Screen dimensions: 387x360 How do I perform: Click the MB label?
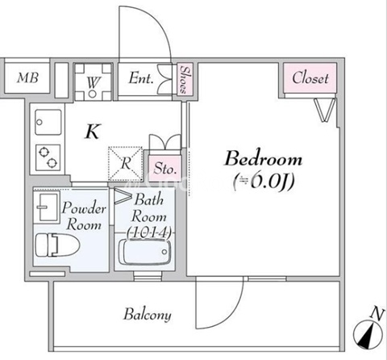point(28,77)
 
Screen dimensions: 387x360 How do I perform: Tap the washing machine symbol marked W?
point(93,82)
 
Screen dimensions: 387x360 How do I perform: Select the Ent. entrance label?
point(141,78)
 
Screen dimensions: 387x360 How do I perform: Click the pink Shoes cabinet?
point(185,79)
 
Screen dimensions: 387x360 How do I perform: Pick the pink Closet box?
point(310,78)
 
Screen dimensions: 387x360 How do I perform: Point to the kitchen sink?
point(48,123)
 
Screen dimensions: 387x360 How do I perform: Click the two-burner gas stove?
point(48,157)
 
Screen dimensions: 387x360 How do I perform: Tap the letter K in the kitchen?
point(93,132)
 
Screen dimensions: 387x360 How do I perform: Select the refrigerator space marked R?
point(125,164)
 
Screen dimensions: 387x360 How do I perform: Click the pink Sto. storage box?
point(164,169)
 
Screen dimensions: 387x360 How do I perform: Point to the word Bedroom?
point(264,158)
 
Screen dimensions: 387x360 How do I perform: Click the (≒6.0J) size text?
point(264,182)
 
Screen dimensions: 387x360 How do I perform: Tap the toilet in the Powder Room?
point(57,245)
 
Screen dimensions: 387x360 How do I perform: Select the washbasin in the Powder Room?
point(47,207)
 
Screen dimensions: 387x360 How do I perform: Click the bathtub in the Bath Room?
point(145,252)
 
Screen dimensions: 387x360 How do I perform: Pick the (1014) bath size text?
point(149,232)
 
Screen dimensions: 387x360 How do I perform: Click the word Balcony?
point(148,314)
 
